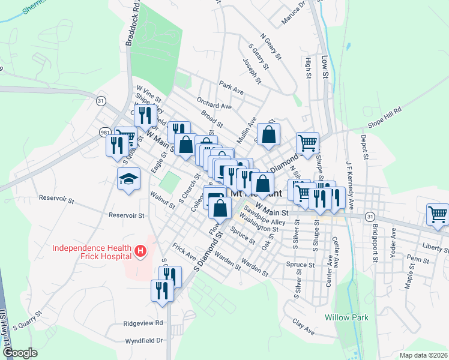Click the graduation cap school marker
point(128,179)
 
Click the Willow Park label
point(346,317)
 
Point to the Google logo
point(20,353)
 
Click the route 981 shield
point(105,132)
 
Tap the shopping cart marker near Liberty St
point(438,214)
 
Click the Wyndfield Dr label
point(144,340)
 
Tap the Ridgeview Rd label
point(143,323)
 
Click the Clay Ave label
point(304,331)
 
